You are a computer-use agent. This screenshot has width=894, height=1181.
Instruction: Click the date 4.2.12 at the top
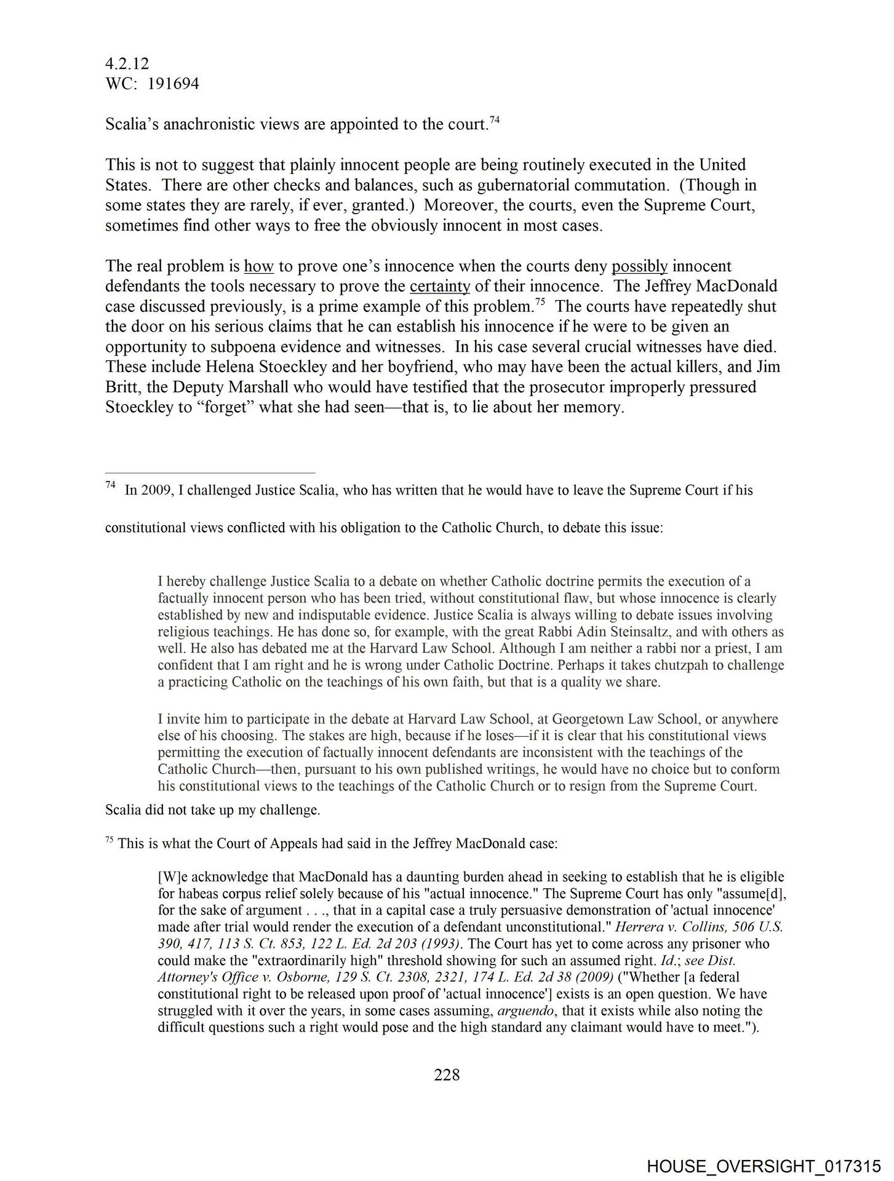pyautogui.click(x=127, y=63)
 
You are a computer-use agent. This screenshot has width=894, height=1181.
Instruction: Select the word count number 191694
pyautogui.click(x=171, y=84)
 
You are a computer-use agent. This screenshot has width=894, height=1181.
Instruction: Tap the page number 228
pyautogui.click(x=447, y=1075)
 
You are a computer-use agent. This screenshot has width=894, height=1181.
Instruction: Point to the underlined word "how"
pyautogui.click(x=258, y=266)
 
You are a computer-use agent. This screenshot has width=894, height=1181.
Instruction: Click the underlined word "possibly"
pyautogui.click(x=639, y=266)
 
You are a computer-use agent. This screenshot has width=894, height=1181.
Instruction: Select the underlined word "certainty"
pyautogui.click(x=439, y=287)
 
